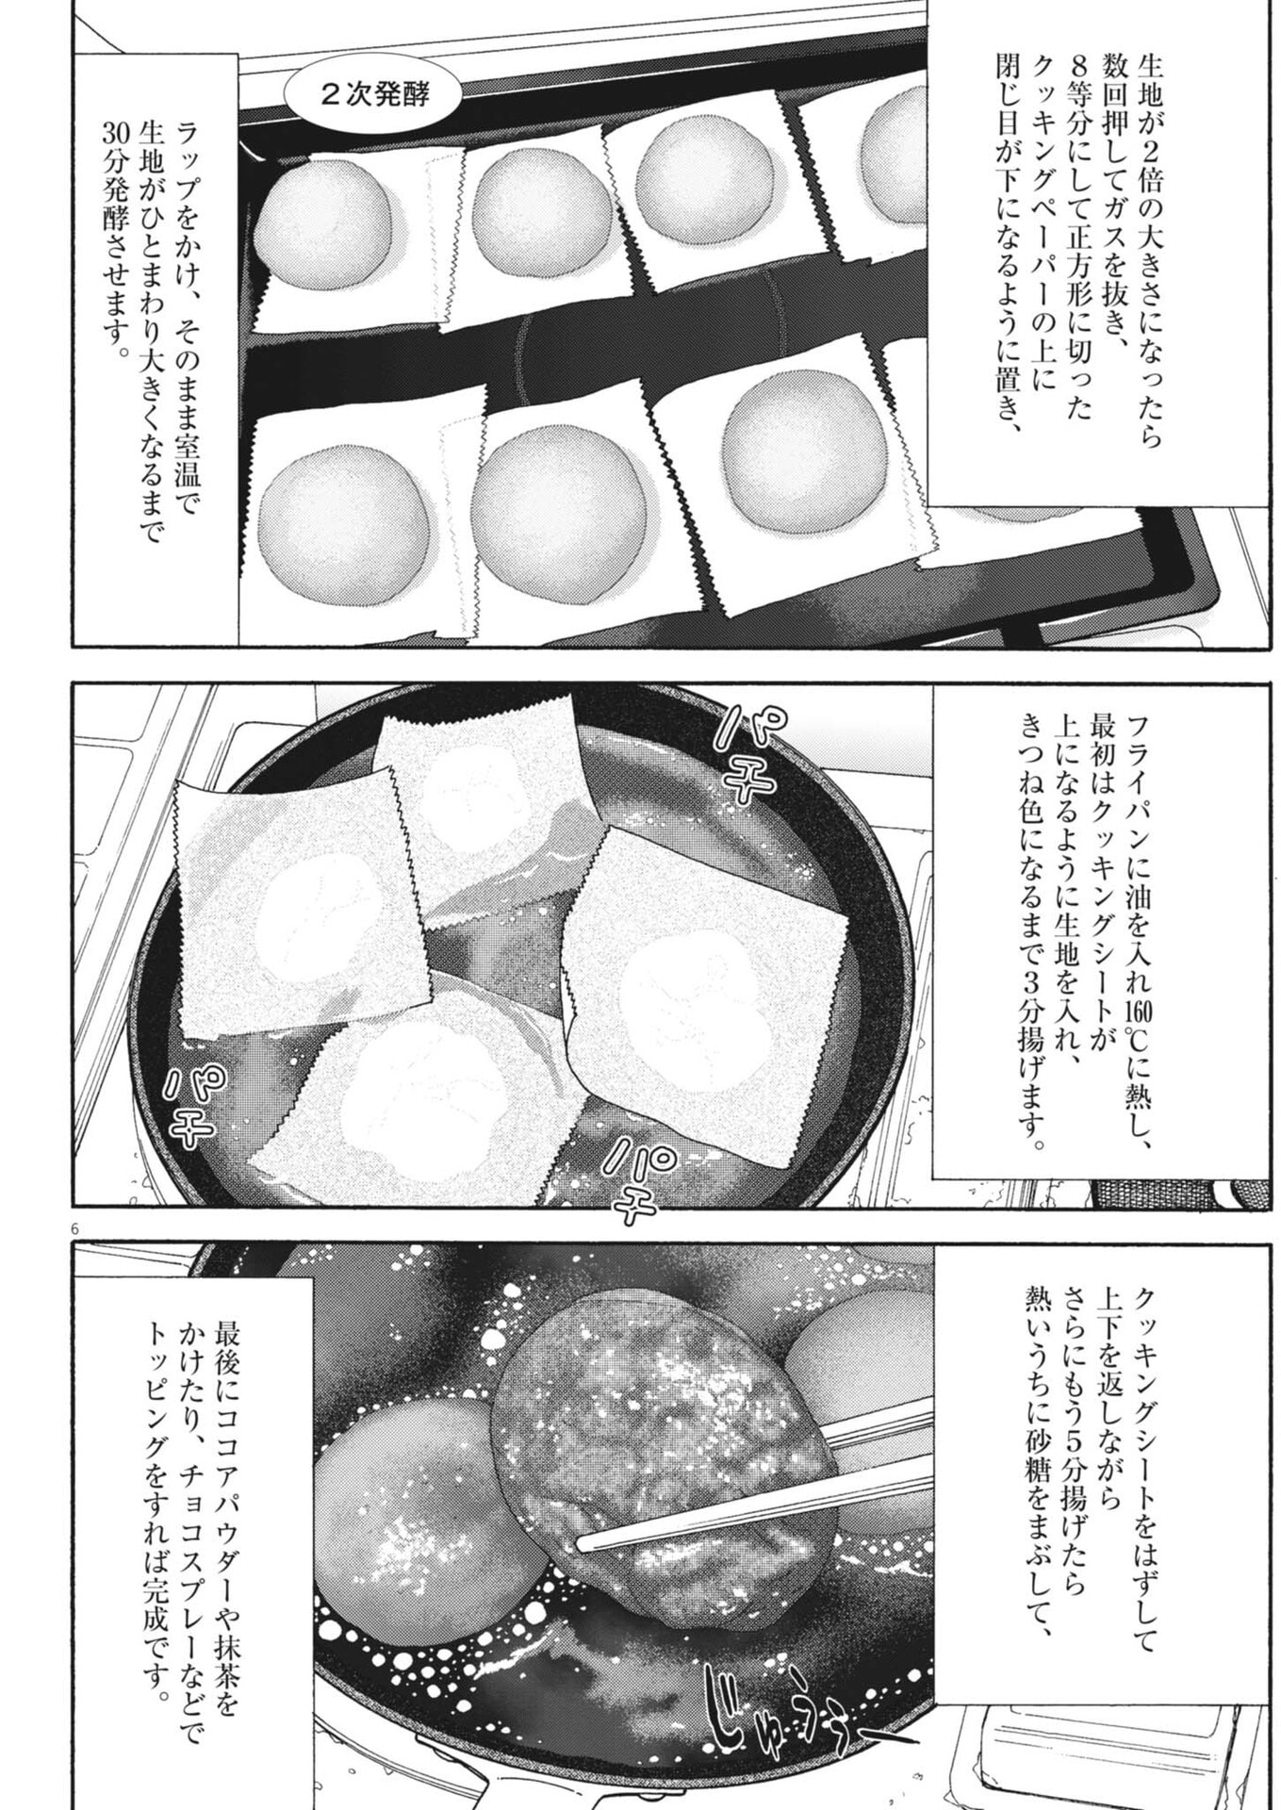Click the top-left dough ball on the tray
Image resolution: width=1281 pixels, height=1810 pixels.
(324, 222)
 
